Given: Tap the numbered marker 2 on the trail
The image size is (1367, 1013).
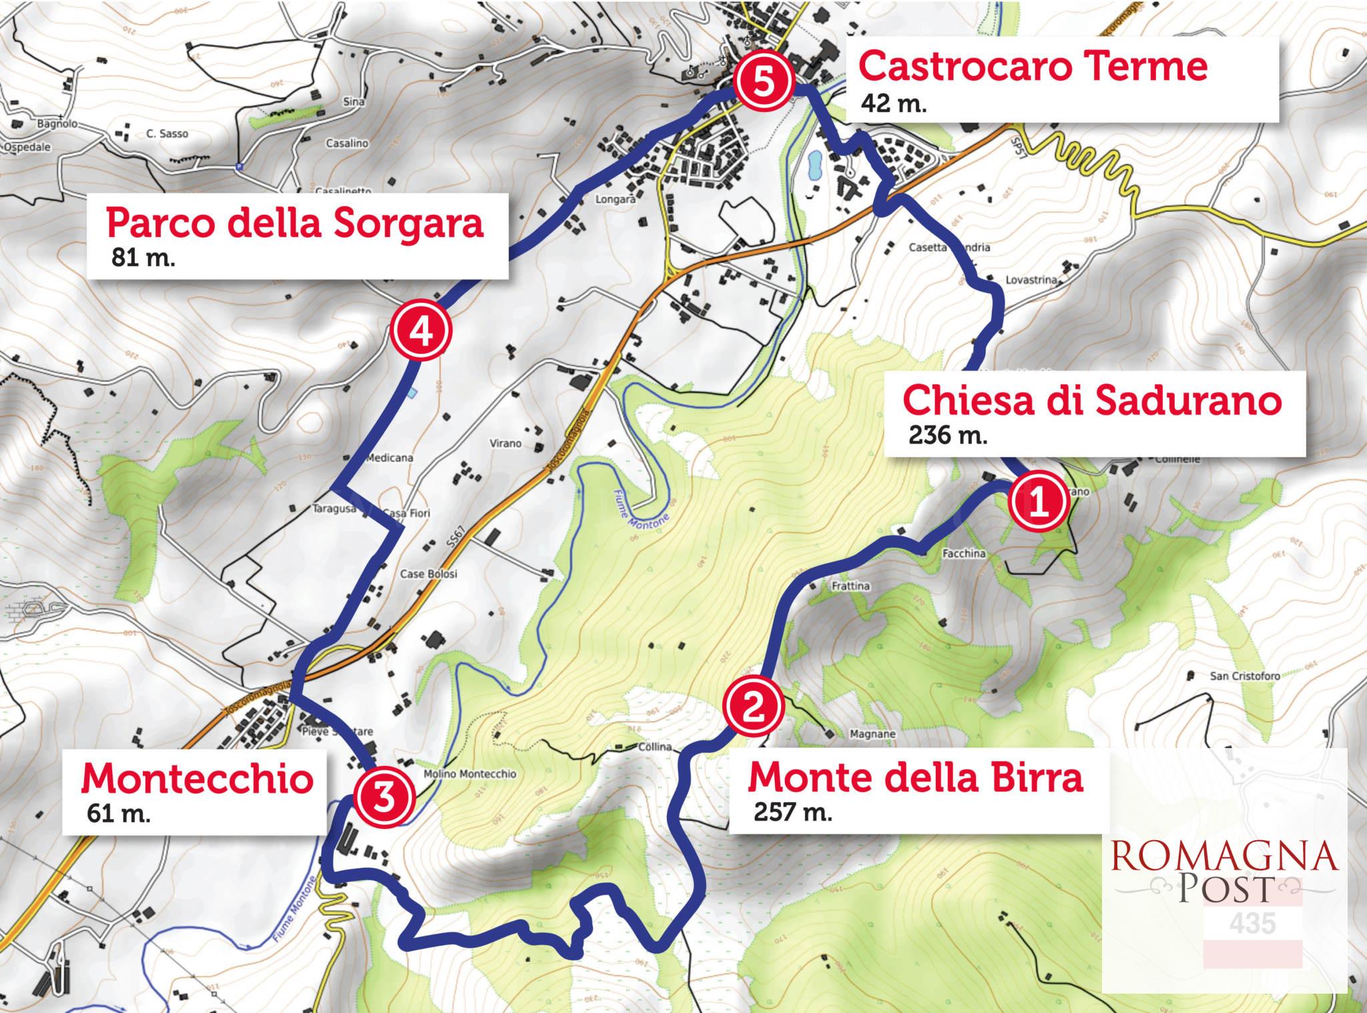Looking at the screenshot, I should (x=752, y=706).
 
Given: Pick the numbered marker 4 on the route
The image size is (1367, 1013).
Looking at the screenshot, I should (x=421, y=331).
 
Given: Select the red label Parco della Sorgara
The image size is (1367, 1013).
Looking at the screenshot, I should (x=294, y=222).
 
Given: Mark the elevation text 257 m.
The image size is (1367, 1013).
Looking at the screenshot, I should (x=793, y=812).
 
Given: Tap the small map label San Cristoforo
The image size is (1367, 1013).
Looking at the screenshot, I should (x=1245, y=676).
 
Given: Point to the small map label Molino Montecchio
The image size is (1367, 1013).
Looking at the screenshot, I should (x=470, y=774).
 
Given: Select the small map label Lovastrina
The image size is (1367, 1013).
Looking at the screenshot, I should (x=1031, y=280).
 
